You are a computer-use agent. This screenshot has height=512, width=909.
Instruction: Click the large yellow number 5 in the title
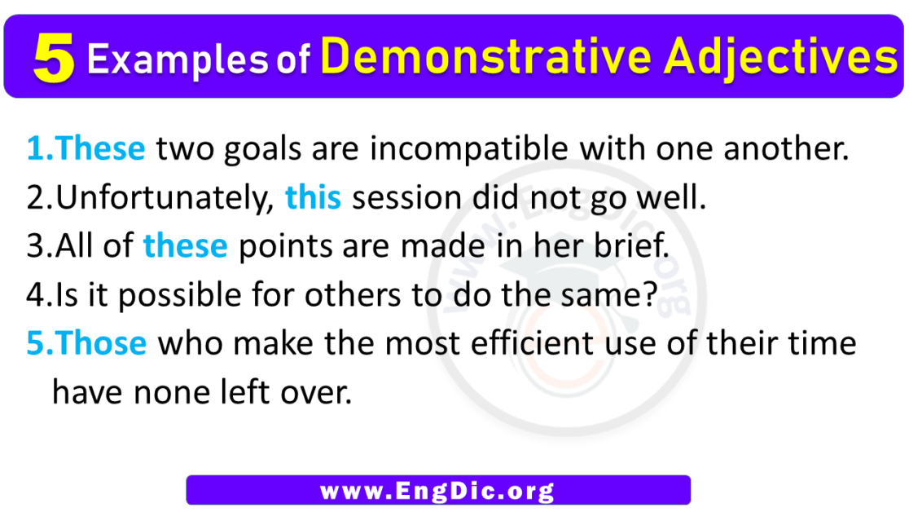(x=54, y=61)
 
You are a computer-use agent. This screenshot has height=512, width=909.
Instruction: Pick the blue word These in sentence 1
(x=102, y=149)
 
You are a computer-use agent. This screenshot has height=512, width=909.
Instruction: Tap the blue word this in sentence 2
(x=313, y=198)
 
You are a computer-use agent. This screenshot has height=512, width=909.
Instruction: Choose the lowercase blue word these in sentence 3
(x=185, y=246)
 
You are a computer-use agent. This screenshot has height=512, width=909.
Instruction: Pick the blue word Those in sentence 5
(x=103, y=343)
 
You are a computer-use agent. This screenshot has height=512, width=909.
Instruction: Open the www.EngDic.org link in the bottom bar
(x=437, y=491)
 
